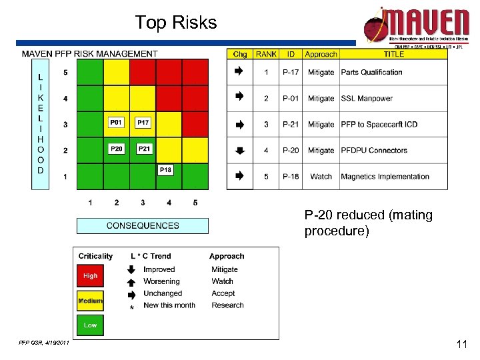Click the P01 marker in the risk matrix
(117, 123)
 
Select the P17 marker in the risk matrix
(143, 123)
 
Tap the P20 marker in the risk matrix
(117, 149)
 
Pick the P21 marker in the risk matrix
(144, 149)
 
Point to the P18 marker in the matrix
(165, 170)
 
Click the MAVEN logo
(417, 25)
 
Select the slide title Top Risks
(176, 23)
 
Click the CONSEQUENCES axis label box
(143, 225)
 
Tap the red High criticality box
(90, 275)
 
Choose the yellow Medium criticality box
(90, 301)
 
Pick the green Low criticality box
(90, 325)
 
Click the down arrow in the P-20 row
(240, 151)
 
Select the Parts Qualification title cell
(371, 72)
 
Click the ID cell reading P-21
(291, 125)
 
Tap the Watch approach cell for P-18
(321, 177)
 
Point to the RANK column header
(266, 54)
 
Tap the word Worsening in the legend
(161, 281)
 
